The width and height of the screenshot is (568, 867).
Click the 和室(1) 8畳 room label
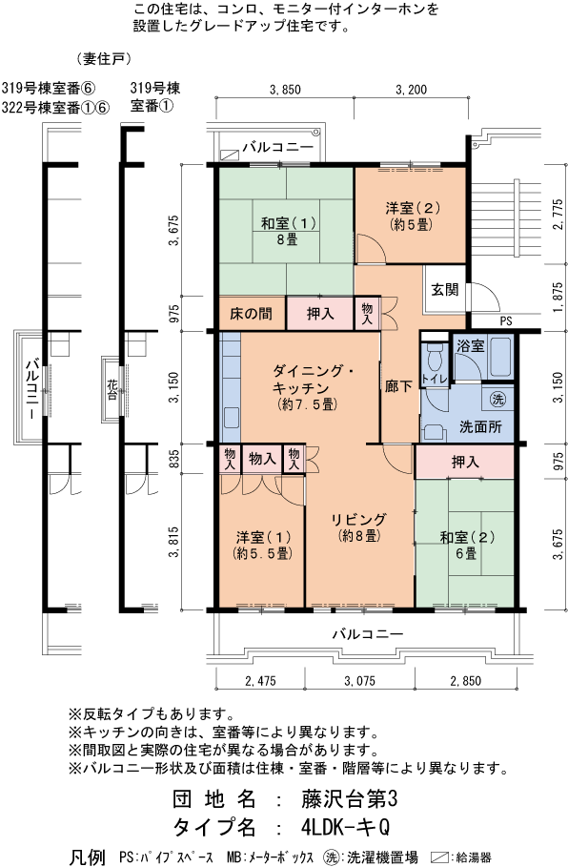coord(288,231)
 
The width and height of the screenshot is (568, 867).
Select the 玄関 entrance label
coord(445,289)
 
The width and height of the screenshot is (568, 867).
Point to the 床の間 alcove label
coord(252,314)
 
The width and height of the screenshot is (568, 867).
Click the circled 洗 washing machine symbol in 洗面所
coord(497,399)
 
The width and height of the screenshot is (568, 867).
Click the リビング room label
coord(358,526)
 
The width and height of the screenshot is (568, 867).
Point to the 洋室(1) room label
coord(263,545)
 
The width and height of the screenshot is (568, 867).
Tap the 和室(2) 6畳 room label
coord(467,545)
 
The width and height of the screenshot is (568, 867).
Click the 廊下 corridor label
coord(398,385)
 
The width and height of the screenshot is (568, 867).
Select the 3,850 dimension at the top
coord(285,89)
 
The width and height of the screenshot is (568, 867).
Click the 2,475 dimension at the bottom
coord(259,681)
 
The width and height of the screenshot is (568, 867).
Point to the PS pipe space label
coord(505,320)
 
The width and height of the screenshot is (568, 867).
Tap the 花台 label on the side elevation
coord(112,389)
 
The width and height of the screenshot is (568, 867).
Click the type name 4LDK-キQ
coord(346,827)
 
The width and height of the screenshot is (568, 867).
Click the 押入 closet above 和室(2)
coord(465,462)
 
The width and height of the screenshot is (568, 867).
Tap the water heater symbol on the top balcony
coord(228,155)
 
